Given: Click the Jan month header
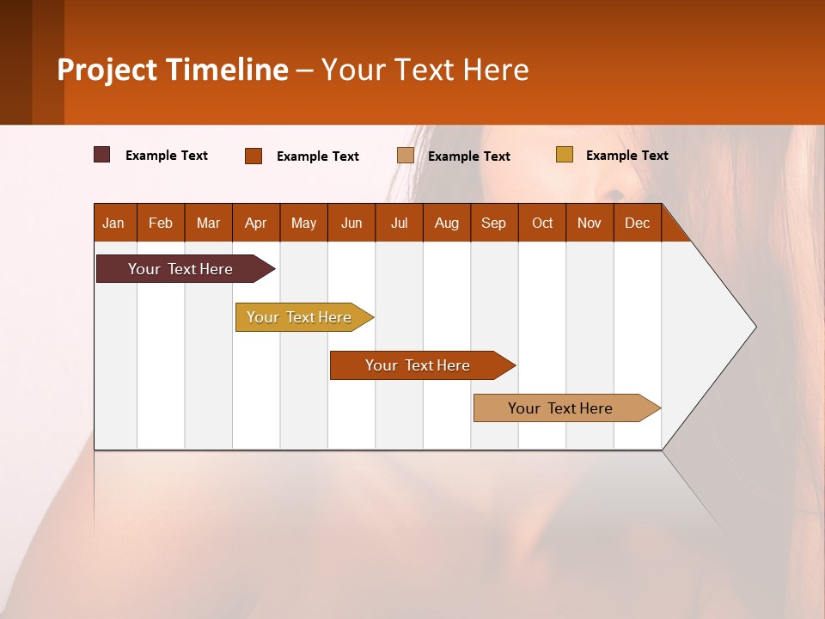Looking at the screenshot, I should point(114,223).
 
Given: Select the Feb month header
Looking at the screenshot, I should point(161,223).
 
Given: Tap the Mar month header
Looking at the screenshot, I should point(208,223).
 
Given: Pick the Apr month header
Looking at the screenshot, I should point(256,223).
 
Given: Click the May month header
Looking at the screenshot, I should point(303,223).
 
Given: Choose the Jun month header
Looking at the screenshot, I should point(351,223).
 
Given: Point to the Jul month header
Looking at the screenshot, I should point(399,223).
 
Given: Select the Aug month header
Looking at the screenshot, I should point(447,223).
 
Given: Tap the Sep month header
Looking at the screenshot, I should point(494,223).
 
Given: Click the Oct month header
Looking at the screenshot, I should point(542,223).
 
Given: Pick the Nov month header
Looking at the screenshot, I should point(590,223).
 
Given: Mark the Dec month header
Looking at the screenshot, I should point(638,223).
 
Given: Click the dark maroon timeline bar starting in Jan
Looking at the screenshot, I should point(181,269).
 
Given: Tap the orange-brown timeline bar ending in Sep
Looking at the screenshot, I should point(419,365).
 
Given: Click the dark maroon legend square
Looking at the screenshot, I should point(102,155).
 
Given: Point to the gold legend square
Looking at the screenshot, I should point(565,155).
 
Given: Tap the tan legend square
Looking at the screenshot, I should point(406,156).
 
